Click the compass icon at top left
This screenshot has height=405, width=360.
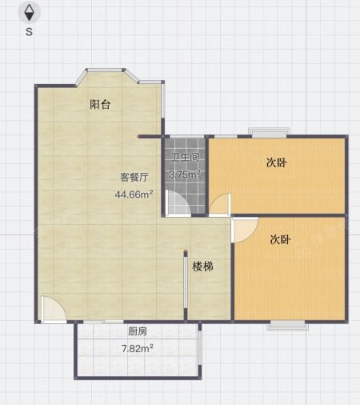[x=29, y=13]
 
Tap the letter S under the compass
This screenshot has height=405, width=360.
[x=29, y=32]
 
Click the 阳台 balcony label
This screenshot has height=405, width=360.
[x=100, y=104]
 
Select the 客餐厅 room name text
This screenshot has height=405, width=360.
[x=134, y=177]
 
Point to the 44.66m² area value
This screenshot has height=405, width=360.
[x=134, y=194]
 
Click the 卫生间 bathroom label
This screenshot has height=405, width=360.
[x=185, y=157]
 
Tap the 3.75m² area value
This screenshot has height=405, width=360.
[x=185, y=174]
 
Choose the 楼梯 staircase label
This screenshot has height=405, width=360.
[x=202, y=267]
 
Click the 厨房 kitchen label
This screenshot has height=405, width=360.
[x=138, y=331]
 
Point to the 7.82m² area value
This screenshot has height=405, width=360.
[x=138, y=348]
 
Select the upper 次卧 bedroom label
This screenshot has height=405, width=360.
[x=277, y=162]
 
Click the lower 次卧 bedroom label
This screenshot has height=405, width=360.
[x=280, y=239]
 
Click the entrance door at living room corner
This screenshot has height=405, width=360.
[x=54, y=310]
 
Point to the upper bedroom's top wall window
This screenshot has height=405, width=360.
[x=269, y=133]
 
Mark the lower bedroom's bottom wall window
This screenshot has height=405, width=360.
[x=287, y=325]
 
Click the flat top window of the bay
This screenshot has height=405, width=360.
[x=105, y=70]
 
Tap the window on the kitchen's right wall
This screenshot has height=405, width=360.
[x=200, y=344]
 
